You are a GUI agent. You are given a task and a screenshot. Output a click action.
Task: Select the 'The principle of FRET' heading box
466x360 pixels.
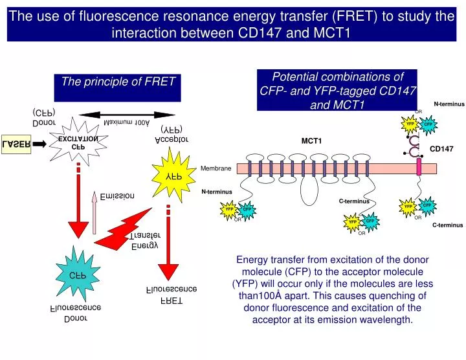click(118, 87)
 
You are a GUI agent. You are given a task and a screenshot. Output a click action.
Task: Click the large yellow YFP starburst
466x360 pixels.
click(173, 175)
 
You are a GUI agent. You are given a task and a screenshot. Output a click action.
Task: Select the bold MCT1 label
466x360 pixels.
click(311, 141)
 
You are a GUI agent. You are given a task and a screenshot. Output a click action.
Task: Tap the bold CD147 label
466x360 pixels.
click(442, 149)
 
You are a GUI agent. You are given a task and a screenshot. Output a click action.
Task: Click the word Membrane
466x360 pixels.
click(216, 168)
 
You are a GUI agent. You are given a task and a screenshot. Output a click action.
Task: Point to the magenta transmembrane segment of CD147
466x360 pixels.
click(419, 168)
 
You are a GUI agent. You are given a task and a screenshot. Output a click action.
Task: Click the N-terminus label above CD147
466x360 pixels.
click(449, 104)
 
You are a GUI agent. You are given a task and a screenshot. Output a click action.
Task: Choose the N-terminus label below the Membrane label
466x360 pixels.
click(216, 192)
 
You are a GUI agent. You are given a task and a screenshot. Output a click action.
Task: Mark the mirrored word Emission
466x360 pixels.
click(117, 196)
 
